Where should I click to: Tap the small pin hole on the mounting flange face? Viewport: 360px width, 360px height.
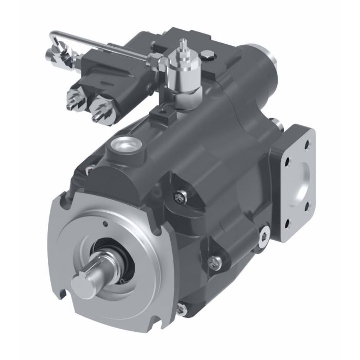[104, 224]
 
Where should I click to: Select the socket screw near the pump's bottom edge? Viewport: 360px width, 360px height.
[181, 309]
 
